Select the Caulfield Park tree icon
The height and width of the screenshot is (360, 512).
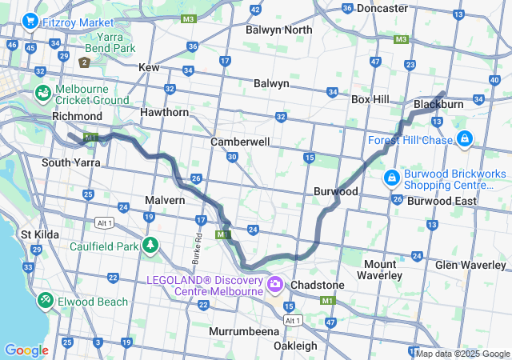coord(150,244)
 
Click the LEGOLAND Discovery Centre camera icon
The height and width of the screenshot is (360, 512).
coord(275,284)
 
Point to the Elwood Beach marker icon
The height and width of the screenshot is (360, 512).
coord(46,300)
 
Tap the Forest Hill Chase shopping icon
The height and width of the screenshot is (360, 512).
coord(464,140)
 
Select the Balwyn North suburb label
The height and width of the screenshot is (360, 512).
coord(280,30)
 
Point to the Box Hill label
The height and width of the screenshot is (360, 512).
coord(370,99)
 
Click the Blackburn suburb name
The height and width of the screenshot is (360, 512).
coord(439,105)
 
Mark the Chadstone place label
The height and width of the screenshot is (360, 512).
coord(318,285)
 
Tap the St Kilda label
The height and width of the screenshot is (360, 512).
coord(37,234)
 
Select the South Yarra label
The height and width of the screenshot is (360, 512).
coord(70,162)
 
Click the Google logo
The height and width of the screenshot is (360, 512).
coord(26,350)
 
